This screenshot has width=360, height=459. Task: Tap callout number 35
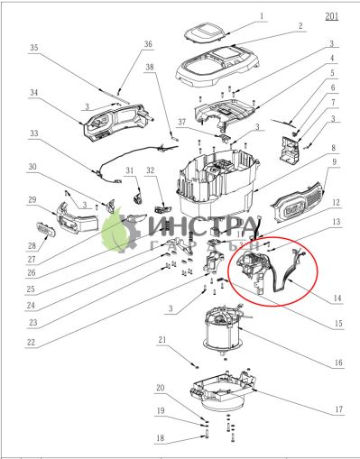34,47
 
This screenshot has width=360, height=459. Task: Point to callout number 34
33,92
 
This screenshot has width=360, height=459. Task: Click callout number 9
335,162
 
